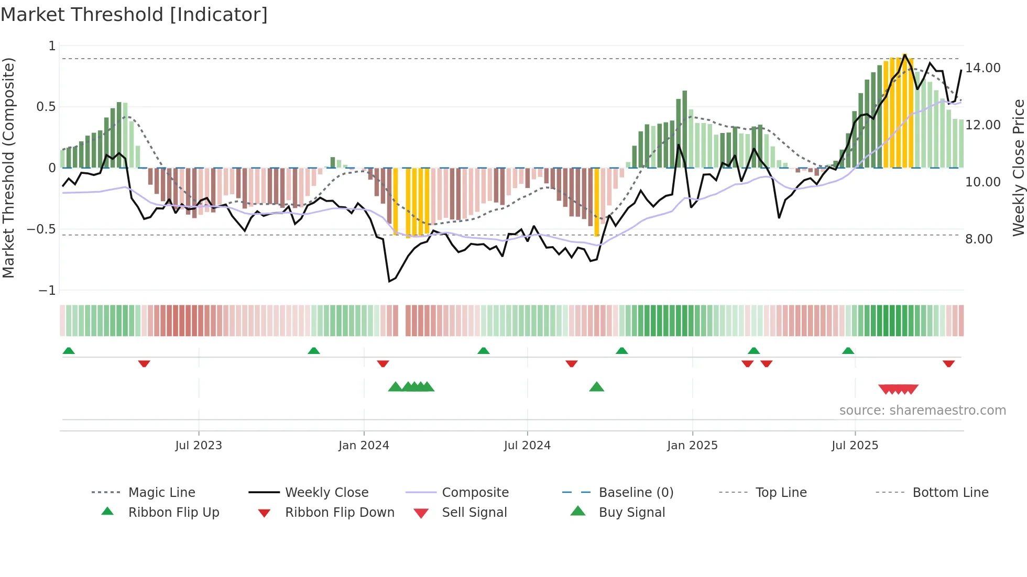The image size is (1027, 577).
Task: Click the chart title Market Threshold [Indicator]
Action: click(x=134, y=15)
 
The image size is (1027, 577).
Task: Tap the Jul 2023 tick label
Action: click(x=199, y=446)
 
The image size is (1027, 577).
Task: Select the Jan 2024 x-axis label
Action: click(x=364, y=446)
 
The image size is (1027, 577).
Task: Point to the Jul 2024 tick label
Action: click(x=527, y=446)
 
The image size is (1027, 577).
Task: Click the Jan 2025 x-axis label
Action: click(x=692, y=446)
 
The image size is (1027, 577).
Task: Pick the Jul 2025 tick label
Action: click(x=855, y=446)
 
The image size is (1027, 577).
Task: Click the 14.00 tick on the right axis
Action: click(x=983, y=68)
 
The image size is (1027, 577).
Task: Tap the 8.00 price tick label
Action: click(x=979, y=239)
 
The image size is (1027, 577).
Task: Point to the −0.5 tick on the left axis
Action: click(x=41, y=229)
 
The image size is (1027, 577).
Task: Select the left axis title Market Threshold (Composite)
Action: click(x=8, y=168)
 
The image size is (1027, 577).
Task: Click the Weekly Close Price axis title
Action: click(x=1018, y=168)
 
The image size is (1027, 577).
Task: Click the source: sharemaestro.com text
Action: click(x=922, y=410)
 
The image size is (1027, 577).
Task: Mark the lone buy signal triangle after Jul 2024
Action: click(x=596, y=387)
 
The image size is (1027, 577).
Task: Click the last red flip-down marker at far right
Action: click(x=948, y=363)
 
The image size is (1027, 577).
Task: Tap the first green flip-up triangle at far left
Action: click(x=69, y=351)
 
